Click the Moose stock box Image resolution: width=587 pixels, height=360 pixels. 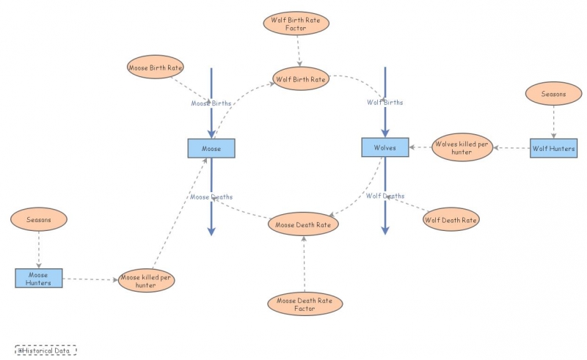tap(211, 148)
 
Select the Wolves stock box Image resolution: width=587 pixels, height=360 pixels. tap(384, 147)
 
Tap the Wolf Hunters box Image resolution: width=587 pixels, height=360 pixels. tap(554, 148)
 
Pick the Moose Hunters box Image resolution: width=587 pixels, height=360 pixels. tap(38, 279)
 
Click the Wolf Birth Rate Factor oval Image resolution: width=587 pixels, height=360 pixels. tap(296, 23)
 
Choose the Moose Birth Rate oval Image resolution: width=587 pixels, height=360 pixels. tap(155, 67)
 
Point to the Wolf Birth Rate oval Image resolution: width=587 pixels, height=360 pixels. tap(300, 78)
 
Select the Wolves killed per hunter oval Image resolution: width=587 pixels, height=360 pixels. tap(462, 147)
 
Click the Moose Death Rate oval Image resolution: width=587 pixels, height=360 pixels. tap(304, 224)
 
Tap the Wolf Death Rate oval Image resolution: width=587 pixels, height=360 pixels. tap(451, 219)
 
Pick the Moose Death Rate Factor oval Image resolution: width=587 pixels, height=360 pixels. tap(305, 304)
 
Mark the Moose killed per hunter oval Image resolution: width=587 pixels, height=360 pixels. tap(147, 282)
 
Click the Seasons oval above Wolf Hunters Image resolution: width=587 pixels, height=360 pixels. tap(553, 94)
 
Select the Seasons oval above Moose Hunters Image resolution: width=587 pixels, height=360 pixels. tap(38, 219)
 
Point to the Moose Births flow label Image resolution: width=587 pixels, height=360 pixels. tap(211, 103)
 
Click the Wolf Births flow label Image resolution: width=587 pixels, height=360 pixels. tap(384, 102)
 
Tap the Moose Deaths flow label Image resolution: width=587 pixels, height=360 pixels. tap(211, 196)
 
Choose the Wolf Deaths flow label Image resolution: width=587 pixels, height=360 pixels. tap(384, 196)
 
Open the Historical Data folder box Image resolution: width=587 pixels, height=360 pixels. tap(45, 350)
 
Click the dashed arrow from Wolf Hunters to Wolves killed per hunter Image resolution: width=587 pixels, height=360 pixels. tap(511, 148)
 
